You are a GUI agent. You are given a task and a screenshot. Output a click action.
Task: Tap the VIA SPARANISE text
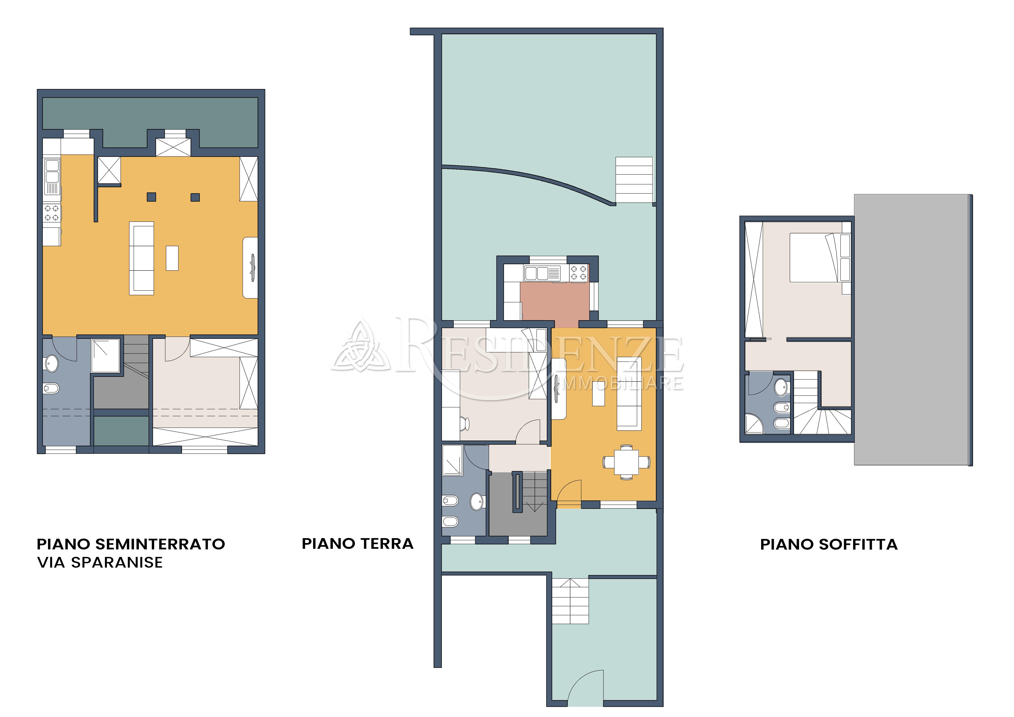coord(100,562)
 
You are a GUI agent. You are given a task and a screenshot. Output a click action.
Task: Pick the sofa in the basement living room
coord(141,258)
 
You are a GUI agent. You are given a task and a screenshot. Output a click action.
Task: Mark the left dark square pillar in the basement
coord(151,197)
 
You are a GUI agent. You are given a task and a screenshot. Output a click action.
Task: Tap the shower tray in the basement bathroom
coord(105,355)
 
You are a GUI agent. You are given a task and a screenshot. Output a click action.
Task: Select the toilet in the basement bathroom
coord(51,389)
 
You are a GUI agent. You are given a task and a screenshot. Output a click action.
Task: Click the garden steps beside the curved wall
coord(634,180)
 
